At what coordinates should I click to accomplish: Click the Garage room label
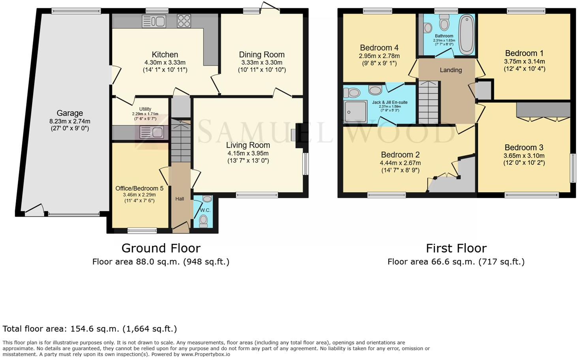69,113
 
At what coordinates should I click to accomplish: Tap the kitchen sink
154,21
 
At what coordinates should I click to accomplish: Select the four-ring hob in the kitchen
184,21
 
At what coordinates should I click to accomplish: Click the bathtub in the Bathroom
467,34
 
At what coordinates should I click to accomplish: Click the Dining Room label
262,55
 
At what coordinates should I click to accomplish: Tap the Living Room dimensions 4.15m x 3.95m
248,153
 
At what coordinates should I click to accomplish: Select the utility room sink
152,132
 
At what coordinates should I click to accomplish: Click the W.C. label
205,210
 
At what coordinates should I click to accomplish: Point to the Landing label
451,70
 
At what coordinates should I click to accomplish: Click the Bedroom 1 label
524,53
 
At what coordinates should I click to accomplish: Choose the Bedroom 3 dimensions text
524,159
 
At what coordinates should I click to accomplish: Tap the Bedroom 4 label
379,48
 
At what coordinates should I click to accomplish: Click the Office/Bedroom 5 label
139,188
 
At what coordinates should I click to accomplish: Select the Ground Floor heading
161,248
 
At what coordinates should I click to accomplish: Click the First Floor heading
456,248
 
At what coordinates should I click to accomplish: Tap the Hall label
180,199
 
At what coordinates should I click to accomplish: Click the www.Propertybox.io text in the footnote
206,354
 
